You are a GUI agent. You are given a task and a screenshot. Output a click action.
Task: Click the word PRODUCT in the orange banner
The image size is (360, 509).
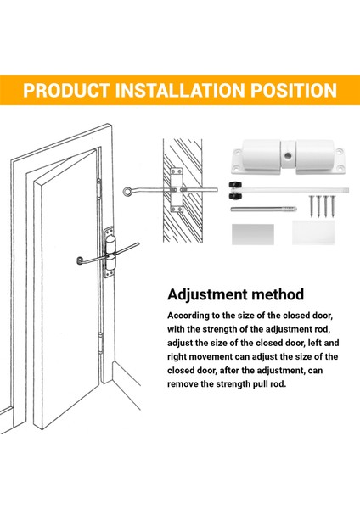click(66, 90)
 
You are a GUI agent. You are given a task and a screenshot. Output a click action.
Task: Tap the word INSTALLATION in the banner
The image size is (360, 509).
click(180, 90)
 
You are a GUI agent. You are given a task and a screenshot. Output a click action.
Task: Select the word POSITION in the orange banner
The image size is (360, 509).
click(294, 90)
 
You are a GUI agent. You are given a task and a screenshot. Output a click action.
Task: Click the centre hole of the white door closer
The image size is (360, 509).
click(288, 156)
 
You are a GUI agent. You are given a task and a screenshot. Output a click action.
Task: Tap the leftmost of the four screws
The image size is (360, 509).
click(312, 206)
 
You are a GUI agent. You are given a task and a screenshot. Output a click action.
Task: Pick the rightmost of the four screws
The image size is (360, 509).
click(332, 206)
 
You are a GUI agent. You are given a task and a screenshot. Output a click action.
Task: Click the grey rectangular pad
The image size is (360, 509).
click(253, 234)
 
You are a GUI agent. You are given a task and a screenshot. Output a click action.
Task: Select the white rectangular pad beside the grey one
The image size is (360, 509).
click(313, 232)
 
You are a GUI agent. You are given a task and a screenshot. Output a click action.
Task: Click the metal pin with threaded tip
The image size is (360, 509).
click(263, 209)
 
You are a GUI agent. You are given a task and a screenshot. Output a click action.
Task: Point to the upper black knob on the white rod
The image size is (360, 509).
click(235, 185)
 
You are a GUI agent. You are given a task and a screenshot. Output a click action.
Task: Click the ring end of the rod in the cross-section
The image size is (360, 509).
click(127, 192)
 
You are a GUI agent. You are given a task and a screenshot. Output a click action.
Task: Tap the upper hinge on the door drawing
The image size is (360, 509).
click(98, 188)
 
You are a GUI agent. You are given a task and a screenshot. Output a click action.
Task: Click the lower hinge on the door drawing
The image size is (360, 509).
click(101, 343)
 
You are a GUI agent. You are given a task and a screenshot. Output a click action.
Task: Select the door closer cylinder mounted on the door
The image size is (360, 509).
click(110, 254)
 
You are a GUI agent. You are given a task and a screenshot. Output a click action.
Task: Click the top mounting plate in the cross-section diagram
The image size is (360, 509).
click(177, 173)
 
